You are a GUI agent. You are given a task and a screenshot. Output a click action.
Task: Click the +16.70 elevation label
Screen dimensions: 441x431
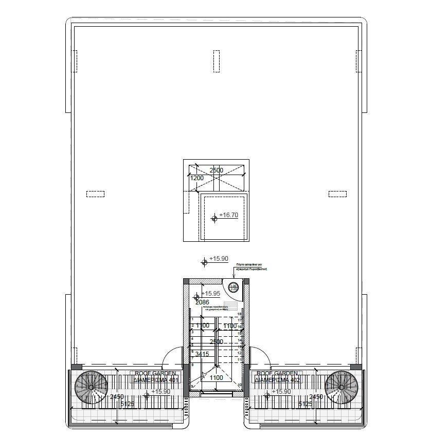[229, 215]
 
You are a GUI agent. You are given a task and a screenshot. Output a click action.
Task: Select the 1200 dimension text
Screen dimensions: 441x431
[197, 178]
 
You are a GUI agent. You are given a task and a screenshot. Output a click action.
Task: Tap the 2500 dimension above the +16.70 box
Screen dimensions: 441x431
[215, 170]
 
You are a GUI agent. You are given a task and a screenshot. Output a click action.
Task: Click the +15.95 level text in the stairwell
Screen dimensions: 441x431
[210, 294]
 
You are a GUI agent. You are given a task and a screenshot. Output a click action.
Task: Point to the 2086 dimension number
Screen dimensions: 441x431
[202, 302]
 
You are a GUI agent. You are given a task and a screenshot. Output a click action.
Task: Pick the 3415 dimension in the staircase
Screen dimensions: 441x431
[202, 354]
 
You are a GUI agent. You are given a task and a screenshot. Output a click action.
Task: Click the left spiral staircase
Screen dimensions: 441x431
[92, 388]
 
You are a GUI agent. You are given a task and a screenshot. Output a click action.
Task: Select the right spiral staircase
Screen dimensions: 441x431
[342, 388]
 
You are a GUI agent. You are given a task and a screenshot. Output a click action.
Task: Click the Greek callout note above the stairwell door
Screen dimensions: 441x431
[252, 267]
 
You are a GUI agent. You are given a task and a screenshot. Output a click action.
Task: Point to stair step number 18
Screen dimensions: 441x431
[239, 314]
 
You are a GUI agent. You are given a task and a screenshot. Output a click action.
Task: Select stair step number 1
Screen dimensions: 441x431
[192, 319]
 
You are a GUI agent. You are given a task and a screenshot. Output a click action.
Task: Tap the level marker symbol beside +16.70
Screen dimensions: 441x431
[214, 218]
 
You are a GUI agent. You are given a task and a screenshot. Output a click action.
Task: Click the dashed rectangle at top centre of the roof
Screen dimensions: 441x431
[216, 62]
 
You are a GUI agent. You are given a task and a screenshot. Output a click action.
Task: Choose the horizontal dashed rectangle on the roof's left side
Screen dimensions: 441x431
[96, 194]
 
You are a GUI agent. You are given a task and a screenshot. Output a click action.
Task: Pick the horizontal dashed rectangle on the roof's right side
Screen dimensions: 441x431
[337, 194]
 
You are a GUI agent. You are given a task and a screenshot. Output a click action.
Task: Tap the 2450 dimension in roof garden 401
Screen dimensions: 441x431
[117, 397]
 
